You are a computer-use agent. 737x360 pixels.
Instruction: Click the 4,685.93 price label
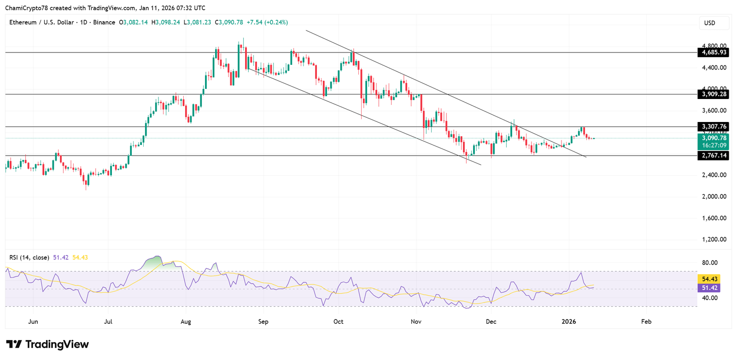click(x=714, y=52)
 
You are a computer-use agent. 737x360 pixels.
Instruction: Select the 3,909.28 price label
click(x=714, y=94)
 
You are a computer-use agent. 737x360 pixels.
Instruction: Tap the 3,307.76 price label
click(x=714, y=127)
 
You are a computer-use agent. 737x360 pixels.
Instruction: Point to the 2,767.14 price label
click(x=714, y=156)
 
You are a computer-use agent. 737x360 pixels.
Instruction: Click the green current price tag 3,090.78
click(x=714, y=138)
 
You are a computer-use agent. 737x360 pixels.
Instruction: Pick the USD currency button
click(x=710, y=23)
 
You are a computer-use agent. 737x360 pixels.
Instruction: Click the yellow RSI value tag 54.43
click(x=710, y=279)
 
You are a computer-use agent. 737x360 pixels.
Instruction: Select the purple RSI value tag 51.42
click(x=710, y=288)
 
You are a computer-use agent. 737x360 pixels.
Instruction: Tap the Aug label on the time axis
click(x=186, y=321)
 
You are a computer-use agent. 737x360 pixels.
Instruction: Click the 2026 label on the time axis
click(x=569, y=321)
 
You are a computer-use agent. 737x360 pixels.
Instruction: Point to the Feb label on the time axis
click(x=646, y=321)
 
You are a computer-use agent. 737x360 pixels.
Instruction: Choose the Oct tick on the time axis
click(x=339, y=321)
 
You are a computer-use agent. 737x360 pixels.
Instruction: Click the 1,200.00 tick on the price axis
click(x=714, y=239)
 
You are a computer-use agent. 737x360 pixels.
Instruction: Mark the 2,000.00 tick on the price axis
click(x=714, y=197)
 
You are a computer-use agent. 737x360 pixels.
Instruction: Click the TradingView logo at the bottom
click(x=47, y=344)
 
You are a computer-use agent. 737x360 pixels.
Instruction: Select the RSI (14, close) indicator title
click(x=29, y=257)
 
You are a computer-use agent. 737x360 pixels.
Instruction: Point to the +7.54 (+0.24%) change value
click(x=267, y=22)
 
